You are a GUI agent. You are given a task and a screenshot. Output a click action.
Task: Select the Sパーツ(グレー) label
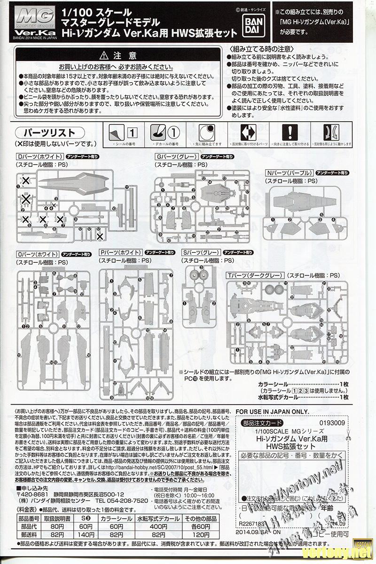click(x=200, y=252)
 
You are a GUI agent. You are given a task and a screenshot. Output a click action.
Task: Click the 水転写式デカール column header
click(x=157, y=519)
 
